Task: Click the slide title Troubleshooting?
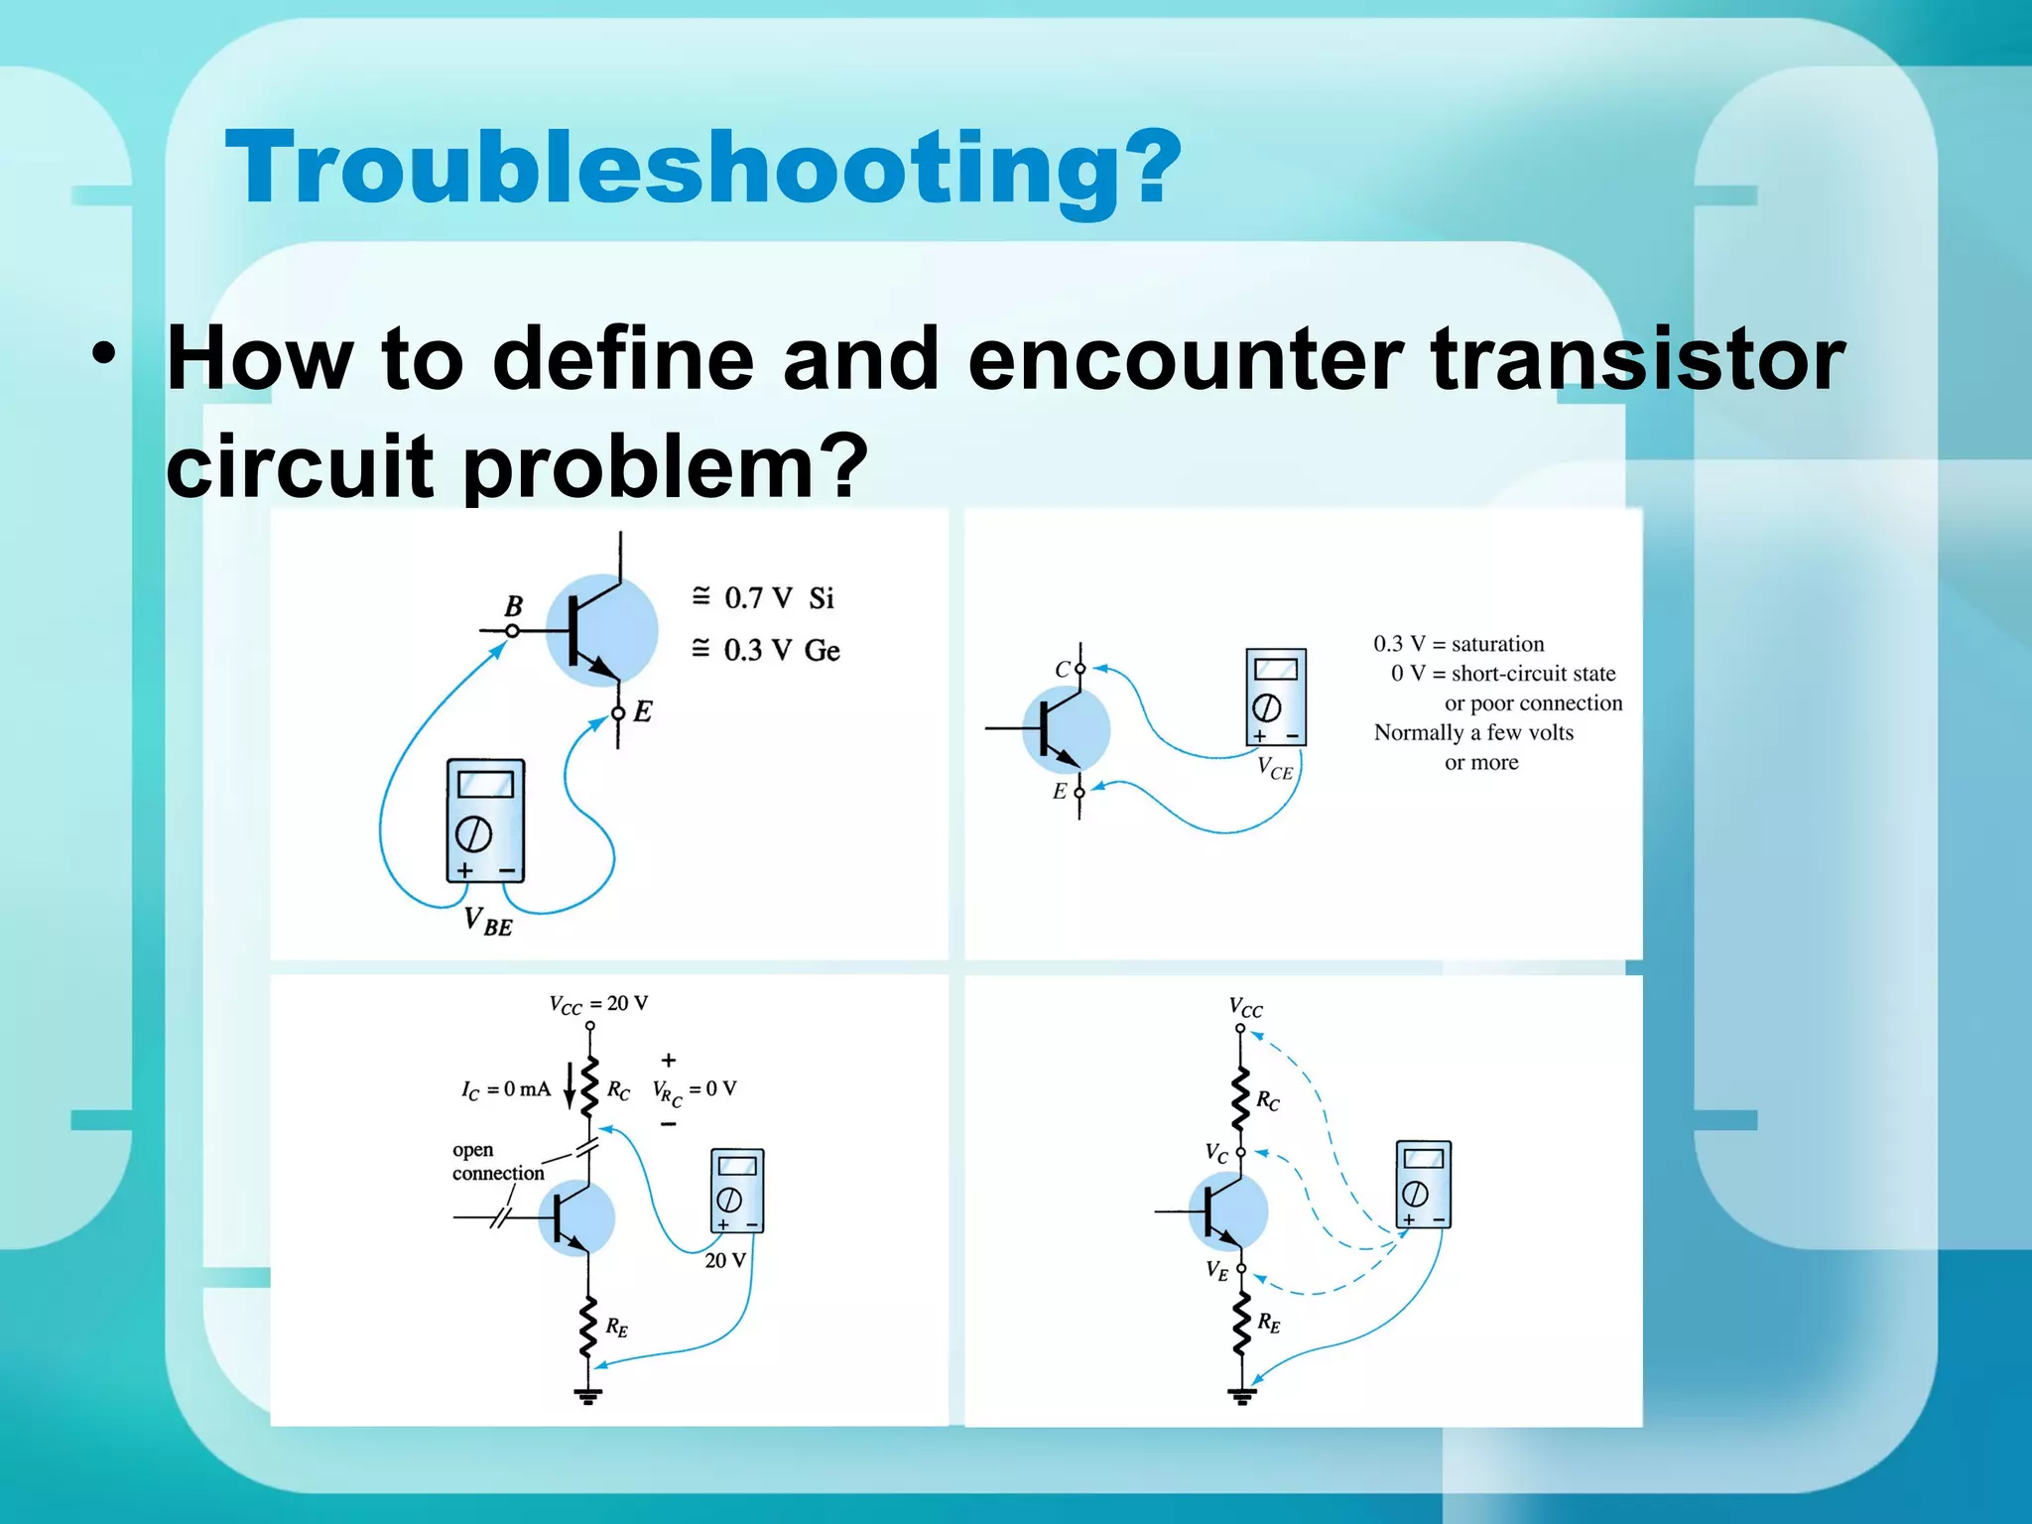(702, 168)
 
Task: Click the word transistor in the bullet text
(1637, 359)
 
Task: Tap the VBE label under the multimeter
(488, 922)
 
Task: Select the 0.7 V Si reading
(765, 597)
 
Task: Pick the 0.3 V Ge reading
(766, 650)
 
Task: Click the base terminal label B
(513, 605)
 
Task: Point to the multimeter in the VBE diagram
(485, 821)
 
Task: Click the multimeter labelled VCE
(1275, 697)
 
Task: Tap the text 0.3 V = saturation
(1459, 643)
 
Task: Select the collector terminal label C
(1062, 670)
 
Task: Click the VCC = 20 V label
(598, 1004)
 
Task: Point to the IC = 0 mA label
(505, 1089)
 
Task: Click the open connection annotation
(497, 1162)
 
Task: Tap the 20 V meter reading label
(724, 1260)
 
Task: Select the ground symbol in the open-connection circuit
(588, 1396)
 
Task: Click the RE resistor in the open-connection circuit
(588, 1326)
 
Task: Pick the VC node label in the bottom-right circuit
(1216, 1153)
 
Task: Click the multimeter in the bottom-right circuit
(1423, 1185)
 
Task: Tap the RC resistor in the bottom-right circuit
(1240, 1099)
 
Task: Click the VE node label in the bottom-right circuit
(1216, 1270)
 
